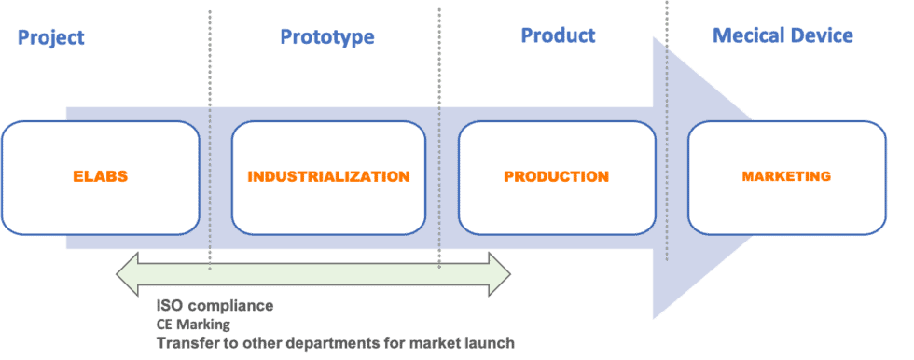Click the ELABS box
point(101,177)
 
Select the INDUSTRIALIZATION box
point(328,177)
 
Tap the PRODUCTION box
point(557,177)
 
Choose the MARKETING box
point(786,177)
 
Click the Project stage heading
point(51,37)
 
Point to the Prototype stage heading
point(327,37)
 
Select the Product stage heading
point(558,36)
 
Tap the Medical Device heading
point(782,36)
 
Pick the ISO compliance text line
point(215,306)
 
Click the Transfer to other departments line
point(335,343)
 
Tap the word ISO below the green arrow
point(170,306)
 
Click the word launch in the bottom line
point(491,343)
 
